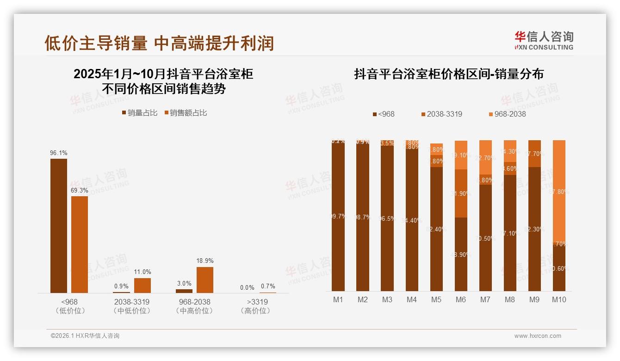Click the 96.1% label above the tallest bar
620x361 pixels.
pos(59,153)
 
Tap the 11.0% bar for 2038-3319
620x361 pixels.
pos(143,285)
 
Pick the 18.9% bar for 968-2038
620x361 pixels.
pos(205,280)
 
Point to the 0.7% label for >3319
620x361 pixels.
pos(267,286)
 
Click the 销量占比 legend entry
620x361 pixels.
pos(140,112)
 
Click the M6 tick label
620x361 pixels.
pos(460,299)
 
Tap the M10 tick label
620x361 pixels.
pos(559,299)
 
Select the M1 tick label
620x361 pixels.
pos(338,299)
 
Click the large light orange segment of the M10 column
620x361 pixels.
pos(559,191)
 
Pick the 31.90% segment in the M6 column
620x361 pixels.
pos(461,193)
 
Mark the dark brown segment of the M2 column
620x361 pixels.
pos(363,218)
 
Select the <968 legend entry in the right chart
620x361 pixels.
pos(384,114)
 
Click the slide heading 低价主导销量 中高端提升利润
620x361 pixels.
pos(159,43)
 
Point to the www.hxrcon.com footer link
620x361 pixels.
pos(538,336)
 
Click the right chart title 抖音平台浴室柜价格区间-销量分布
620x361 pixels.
pos(448,74)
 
